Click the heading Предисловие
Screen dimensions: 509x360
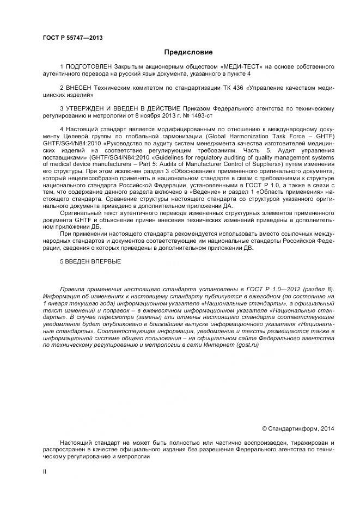point(188,52)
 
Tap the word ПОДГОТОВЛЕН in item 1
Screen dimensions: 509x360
point(91,66)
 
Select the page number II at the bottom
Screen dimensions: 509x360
point(45,471)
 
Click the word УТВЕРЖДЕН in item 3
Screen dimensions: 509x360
point(88,108)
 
